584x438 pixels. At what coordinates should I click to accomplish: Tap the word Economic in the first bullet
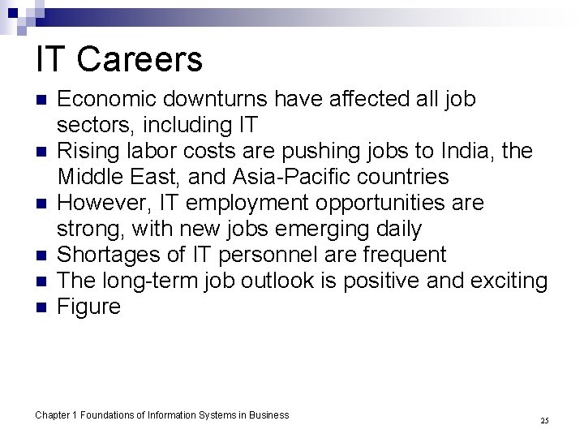pos(108,100)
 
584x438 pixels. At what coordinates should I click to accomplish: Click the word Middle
pos(90,178)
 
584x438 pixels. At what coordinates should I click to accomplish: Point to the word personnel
pos(272,255)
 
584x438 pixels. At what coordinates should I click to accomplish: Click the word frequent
pos(400,255)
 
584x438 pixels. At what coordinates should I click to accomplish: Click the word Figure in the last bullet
pos(89,307)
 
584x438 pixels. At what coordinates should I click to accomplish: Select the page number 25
pos(544,420)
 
